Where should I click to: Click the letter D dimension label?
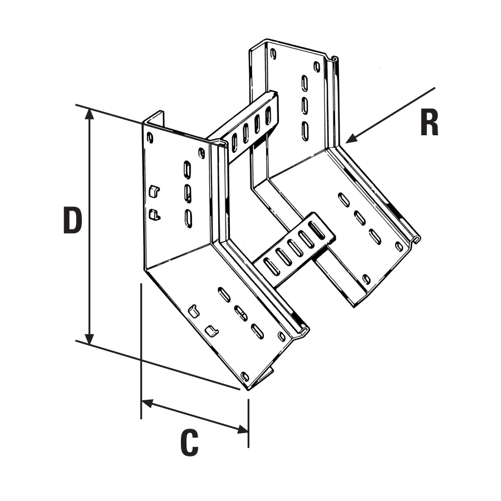(73, 220)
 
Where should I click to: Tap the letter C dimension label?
(189, 443)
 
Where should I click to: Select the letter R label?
(429, 123)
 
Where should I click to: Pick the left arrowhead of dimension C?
(146, 401)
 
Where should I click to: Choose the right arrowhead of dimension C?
(243, 429)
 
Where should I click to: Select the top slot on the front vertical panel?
(187, 169)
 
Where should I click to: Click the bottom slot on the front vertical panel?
(189, 218)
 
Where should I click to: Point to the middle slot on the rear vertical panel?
(304, 106)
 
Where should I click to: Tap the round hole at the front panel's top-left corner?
(150, 136)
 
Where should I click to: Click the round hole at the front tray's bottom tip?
(244, 377)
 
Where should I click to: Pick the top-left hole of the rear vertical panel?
(273, 54)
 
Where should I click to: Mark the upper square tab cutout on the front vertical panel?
(154, 191)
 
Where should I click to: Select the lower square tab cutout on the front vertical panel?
(154, 214)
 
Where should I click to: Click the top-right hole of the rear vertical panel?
(317, 67)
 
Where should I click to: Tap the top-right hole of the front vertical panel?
(202, 152)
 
